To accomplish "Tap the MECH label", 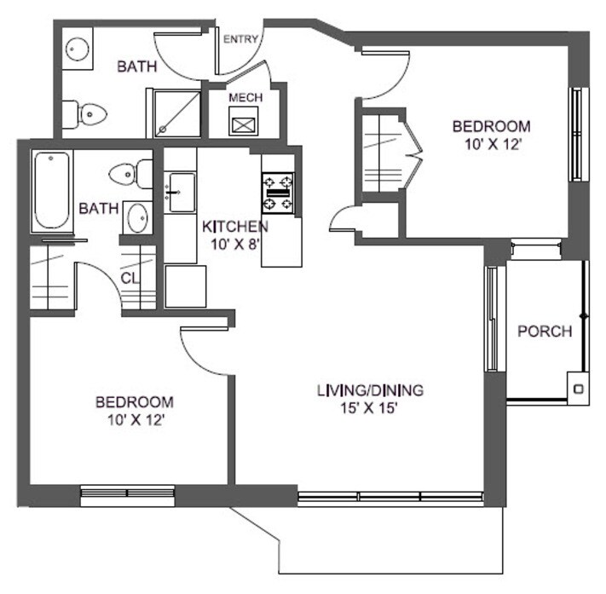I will coord(245,97).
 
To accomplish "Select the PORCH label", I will coord(545,332).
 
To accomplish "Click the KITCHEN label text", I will coord(235,227).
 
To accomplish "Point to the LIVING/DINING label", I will coord(370,391).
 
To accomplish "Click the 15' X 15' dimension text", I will coord(370,408).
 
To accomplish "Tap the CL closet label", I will coord(130,277).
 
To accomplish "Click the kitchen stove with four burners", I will coord(277,193).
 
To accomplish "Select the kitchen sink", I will coord(180,192).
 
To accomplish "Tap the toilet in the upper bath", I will coord(86,112).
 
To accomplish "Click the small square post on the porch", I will coord(580,389).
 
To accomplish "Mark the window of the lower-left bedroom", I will coord(127,492).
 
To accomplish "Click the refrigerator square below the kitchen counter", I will coord(186,285).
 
